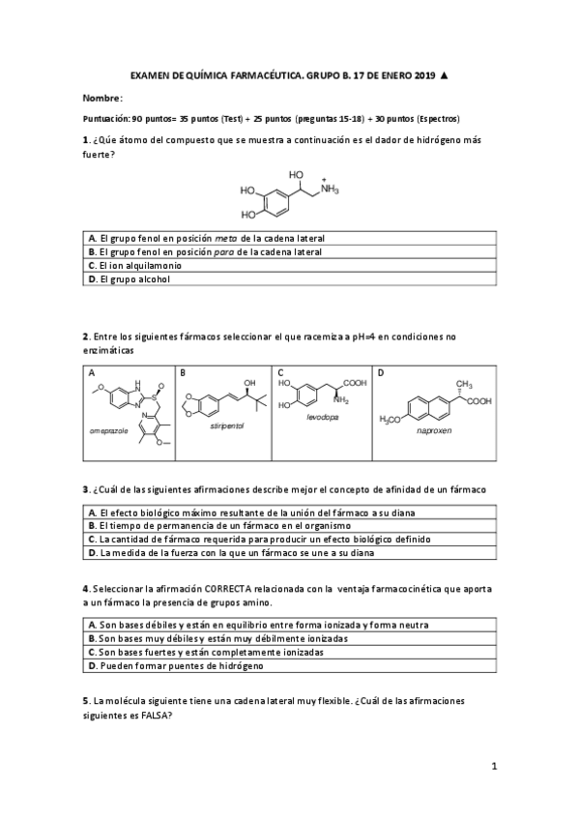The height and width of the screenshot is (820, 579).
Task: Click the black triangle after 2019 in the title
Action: tap(443, 75)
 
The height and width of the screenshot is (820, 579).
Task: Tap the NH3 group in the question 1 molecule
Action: tap(331, 190)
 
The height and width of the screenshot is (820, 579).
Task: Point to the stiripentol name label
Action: tap(226, 425)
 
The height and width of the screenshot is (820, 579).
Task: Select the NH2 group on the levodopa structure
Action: tap(339, 398)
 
